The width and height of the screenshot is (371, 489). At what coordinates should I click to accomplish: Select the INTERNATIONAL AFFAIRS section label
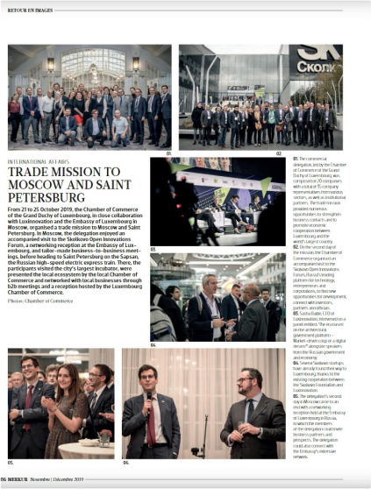point(40,161)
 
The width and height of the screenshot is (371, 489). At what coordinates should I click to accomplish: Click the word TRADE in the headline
point(31,173)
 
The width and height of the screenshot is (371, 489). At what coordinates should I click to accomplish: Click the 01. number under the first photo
point(168,152)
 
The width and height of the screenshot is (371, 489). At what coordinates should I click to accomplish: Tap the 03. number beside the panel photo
point(153,249)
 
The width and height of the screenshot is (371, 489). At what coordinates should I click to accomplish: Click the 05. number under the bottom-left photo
point(11,462)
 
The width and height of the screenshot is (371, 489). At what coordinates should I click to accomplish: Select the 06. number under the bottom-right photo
point(125,462)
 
